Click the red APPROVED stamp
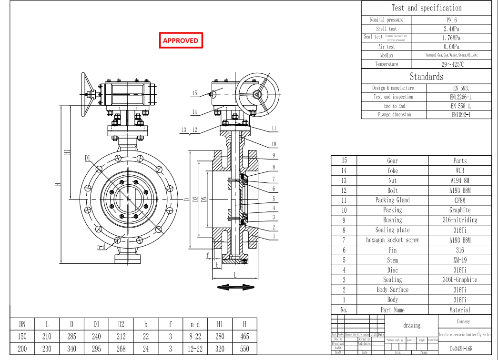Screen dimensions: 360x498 (181, 40)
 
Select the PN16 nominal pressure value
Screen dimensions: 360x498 (451, 20)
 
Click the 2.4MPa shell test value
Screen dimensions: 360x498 (451, 29)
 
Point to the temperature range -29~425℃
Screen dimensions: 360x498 (451, 64)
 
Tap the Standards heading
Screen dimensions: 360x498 (427, 77)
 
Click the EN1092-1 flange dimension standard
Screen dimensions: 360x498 (461, 115)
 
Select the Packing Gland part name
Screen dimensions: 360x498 (392, 200)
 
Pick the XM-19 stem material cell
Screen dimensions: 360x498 (460, 260)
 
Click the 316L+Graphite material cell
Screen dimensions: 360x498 (460, 280)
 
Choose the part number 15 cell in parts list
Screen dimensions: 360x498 (344, 160)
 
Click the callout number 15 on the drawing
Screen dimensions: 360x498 (194, 93)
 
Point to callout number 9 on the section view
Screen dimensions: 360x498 (274, 155)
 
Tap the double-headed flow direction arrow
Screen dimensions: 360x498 (236, 287)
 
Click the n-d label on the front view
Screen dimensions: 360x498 (101, 247)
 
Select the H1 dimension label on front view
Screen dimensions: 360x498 (67, 152)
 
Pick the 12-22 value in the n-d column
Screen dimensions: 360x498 (195, 349)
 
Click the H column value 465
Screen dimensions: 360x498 (244, 336)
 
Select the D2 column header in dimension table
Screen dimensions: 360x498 (121, 324)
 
